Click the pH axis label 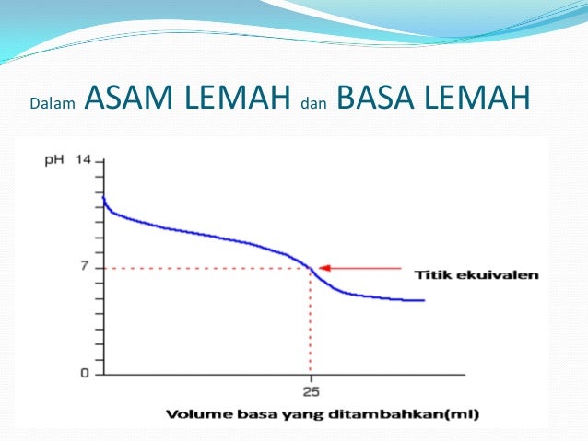tap(55, 160)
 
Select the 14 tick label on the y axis tap(84, 160)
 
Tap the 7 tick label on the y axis tap(85, 267)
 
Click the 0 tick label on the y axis tap(85, 374)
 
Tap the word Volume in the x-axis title tap(194, 413)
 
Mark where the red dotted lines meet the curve tap(311, 268)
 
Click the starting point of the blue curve tap(103, 197)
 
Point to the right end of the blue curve tap(424, 300)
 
